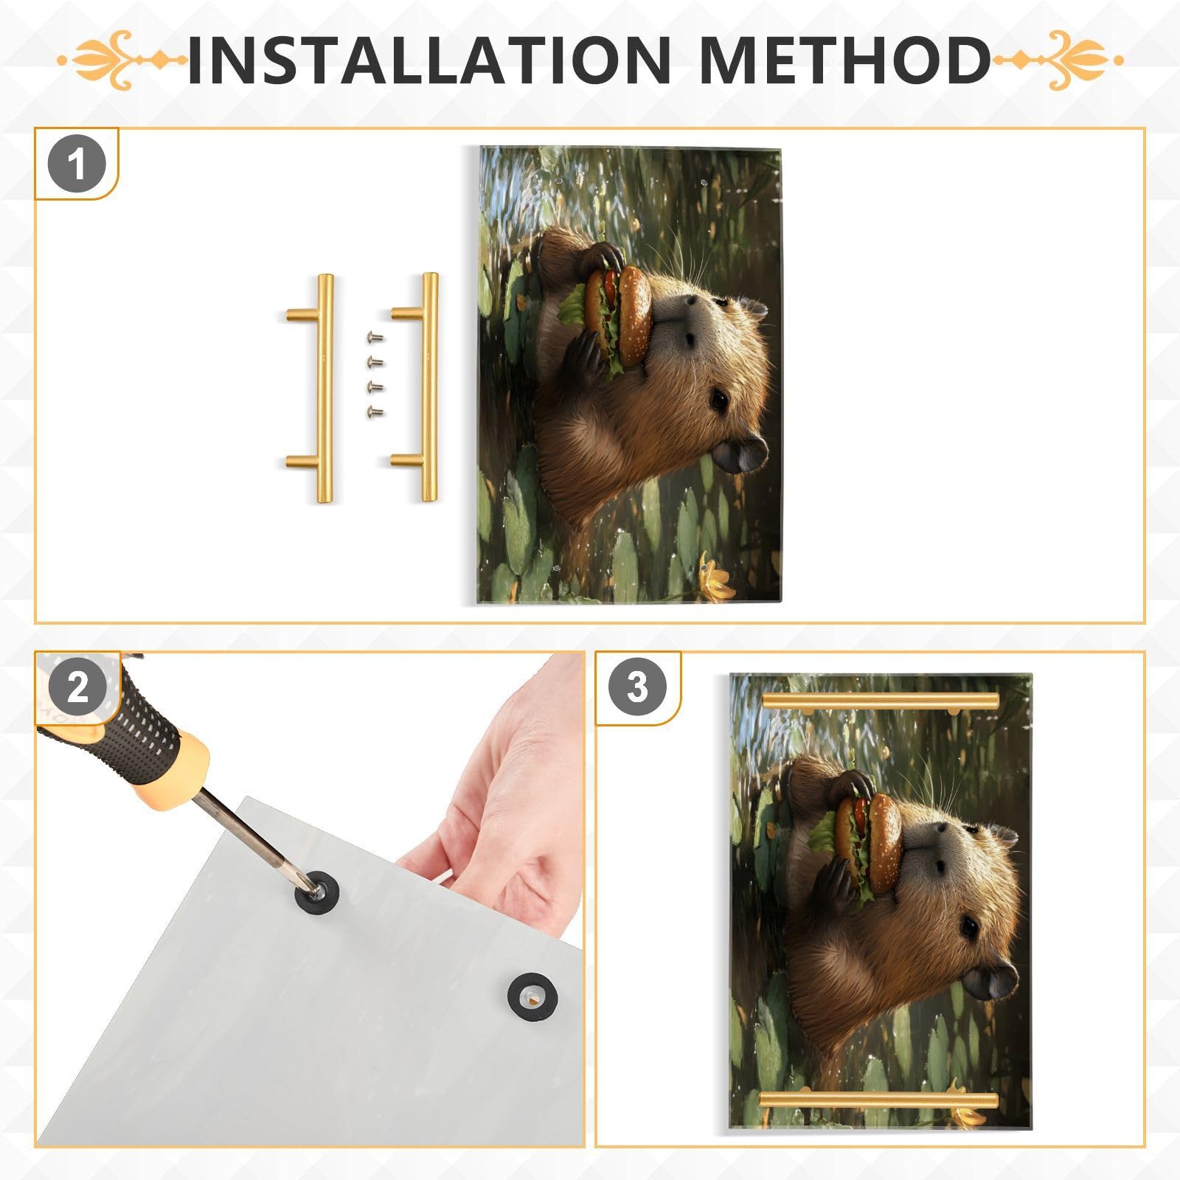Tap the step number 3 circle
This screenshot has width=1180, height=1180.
(637, 687)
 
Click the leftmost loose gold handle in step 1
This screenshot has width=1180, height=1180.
(322, 389)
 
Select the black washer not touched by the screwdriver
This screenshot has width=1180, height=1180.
(532, 997)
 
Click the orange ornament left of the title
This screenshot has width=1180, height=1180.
(122, 60)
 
